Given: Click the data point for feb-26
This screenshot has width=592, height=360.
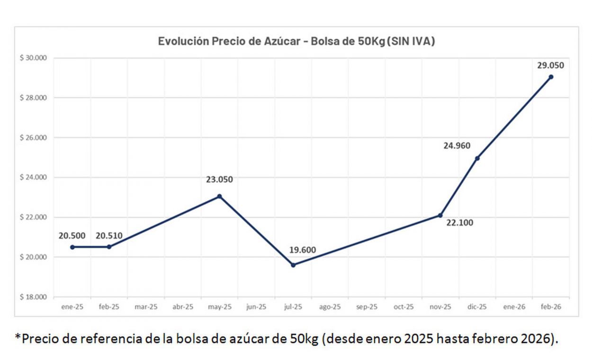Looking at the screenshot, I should click(551, 77).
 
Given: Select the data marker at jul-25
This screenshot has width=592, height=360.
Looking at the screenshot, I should click(293, 265).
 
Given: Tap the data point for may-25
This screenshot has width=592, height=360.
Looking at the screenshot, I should click(219, 196).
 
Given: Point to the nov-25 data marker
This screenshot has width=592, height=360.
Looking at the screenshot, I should click(440, 216).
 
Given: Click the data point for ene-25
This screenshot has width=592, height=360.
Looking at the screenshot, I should click(72, 247).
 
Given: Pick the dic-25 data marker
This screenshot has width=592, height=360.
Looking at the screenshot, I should click(477, 158).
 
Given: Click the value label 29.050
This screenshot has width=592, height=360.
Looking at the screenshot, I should click(550, 66).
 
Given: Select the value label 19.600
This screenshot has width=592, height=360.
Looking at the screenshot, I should click(303, 250).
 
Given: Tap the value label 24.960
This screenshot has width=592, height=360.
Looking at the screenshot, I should click(457, 145).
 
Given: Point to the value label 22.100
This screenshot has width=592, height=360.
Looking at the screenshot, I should click(460, 222).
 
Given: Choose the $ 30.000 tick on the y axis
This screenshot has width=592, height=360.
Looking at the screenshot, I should click(34, 58).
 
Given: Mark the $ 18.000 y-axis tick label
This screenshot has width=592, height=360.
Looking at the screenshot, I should click(34, 297).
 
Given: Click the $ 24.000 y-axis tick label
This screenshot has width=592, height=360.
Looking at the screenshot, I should click(34, 178).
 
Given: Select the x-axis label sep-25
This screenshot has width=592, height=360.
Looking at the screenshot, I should click(367, 307).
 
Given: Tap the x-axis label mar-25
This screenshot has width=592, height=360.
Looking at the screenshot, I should click(146, 307).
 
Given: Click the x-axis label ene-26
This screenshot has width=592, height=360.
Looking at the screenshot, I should click(514, 307).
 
